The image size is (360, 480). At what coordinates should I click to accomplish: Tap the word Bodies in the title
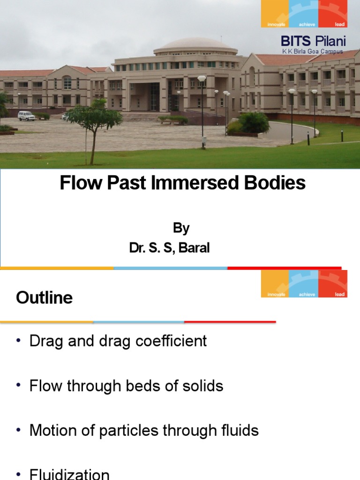279,183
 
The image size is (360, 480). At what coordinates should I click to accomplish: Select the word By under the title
181,228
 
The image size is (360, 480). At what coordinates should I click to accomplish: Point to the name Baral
194,248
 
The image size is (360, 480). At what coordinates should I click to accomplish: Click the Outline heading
44,298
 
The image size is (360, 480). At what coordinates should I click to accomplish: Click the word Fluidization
69,473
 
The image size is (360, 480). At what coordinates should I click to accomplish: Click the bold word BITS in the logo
295,42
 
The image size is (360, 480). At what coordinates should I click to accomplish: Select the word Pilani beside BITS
330,42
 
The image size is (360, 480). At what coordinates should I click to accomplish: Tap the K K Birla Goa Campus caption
313,52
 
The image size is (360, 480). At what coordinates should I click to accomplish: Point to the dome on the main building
195,45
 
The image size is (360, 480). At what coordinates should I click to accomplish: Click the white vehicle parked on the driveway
26,115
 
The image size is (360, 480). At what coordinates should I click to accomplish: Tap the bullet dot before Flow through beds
19,386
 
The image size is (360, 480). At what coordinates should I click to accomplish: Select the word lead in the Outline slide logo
340,294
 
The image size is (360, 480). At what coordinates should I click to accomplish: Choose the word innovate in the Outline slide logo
276,294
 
